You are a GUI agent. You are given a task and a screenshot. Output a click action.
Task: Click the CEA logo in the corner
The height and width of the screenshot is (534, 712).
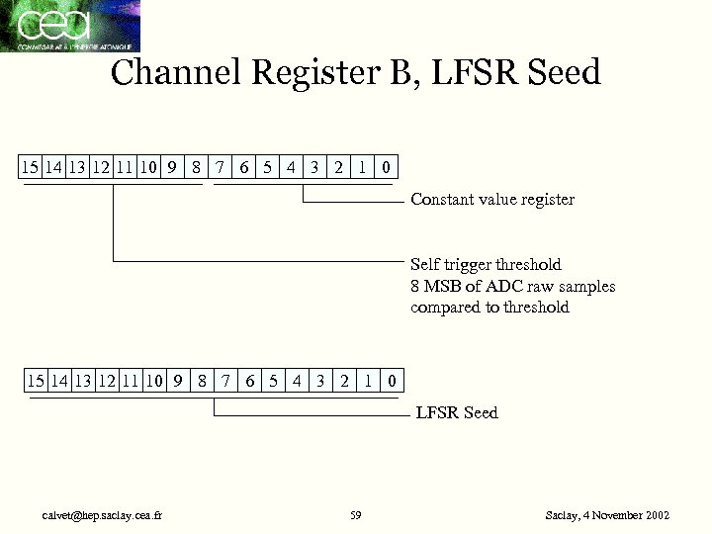[x=69, y=26]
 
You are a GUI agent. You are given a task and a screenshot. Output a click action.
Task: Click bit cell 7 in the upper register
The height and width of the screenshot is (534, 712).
[x=220, y=166]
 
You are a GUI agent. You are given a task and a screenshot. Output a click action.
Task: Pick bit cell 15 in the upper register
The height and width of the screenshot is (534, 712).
[x=31, y=166]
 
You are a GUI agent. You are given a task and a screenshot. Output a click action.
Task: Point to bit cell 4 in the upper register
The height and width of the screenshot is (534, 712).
[x=291, y=166]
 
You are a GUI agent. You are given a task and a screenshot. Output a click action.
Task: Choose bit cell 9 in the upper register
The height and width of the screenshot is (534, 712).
[x=172, y=166]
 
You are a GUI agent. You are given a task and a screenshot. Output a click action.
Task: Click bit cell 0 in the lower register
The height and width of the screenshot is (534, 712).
[x=392, y=380]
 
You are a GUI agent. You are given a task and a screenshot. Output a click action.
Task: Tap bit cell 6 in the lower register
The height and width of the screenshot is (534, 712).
[x=249, y=380]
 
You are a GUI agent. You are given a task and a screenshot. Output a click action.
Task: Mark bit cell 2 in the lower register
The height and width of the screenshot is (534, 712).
[x=344, y=380]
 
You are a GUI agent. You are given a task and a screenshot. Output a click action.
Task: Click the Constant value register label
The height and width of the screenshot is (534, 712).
[x=491, y=200]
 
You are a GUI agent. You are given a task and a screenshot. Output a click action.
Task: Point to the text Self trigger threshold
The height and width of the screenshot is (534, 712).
[x=486, y=265]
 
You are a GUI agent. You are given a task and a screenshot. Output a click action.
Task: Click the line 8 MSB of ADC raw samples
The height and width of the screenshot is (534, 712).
[x=512, y=286]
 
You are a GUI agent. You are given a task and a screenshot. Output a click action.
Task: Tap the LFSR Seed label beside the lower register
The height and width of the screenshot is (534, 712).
[x=457, y=412]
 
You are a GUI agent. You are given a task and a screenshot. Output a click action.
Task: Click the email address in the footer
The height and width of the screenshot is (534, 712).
[x=103, y=516]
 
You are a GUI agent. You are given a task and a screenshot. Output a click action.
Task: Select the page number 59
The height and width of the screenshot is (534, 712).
[x=356, y=516]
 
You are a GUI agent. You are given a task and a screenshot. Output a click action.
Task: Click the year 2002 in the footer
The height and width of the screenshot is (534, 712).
[x=657, y=516]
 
